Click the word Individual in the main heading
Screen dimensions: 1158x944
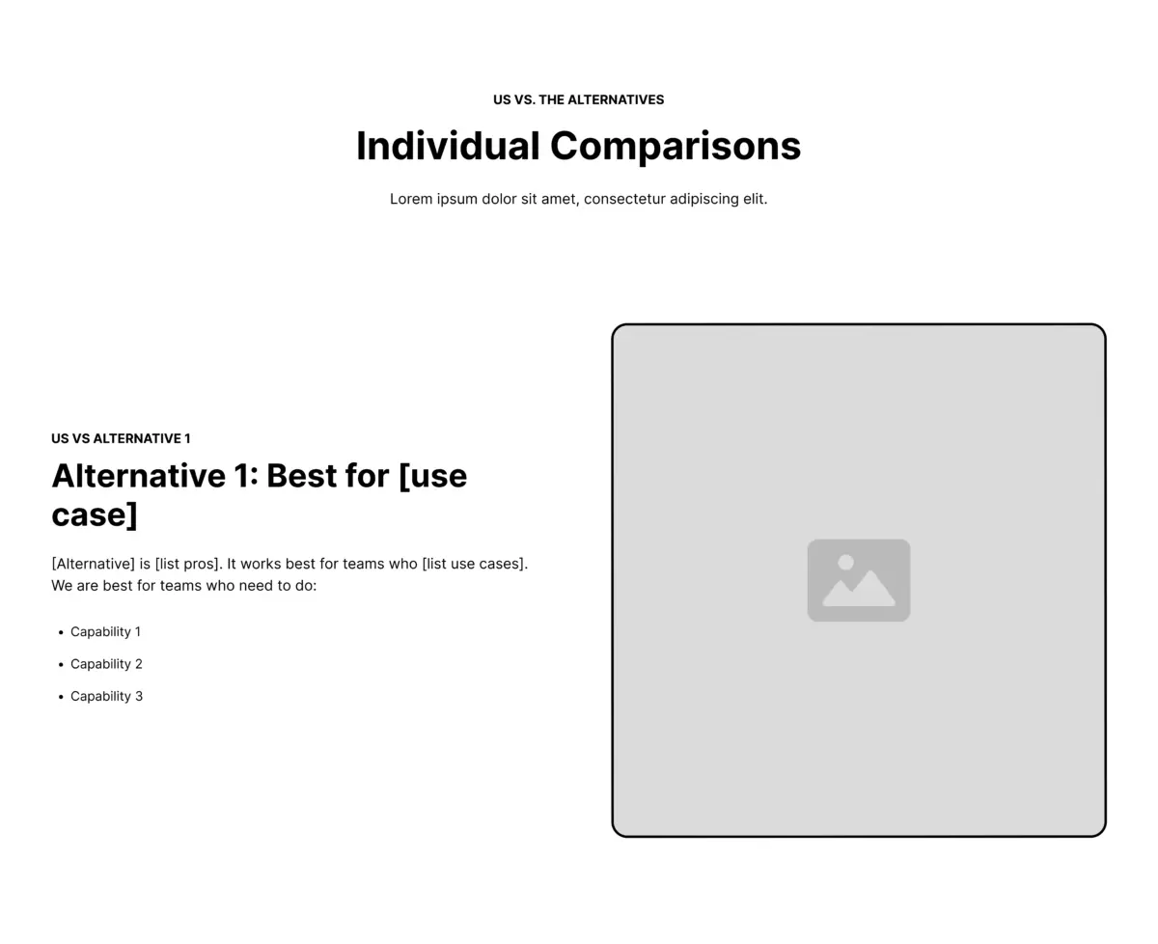448,146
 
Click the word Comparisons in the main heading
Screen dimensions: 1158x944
675,147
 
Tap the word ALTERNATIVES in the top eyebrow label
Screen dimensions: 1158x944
616,99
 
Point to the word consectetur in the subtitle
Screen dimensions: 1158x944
624,199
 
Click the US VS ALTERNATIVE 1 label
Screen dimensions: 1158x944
121,438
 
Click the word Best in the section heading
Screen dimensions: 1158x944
301,476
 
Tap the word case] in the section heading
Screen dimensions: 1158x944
95,515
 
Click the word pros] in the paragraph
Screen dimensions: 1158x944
203,564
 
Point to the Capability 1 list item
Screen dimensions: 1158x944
105,631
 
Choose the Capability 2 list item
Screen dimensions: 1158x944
106,664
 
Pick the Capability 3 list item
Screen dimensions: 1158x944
106,696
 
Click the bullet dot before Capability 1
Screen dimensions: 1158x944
61,632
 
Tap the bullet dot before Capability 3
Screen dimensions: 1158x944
61,697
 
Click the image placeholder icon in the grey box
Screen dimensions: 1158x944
859,580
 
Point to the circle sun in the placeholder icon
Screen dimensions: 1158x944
845,562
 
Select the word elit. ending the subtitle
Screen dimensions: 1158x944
755,199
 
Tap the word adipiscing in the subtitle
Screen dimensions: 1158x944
703,199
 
